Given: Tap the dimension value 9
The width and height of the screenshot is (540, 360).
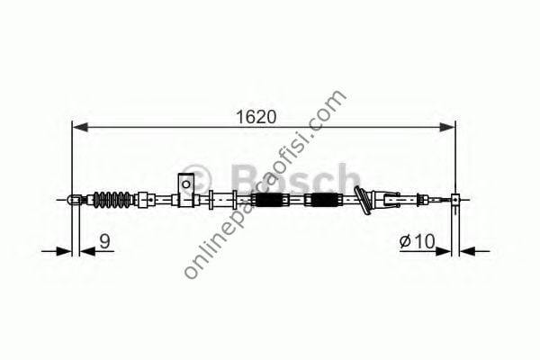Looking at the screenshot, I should (x=104, y=240).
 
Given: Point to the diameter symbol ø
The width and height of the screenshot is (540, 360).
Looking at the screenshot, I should (x=406, y=241).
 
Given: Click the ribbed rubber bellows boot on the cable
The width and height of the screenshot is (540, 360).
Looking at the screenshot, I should (x=112, y=199).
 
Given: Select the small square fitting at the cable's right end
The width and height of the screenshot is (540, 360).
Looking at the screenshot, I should (x=456, y=200).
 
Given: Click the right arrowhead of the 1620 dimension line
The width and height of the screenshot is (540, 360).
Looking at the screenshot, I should (x=450, y=127).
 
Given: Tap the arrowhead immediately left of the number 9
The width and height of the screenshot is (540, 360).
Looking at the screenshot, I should (x=85, y=252).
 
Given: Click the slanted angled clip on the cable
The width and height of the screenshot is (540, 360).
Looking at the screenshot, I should (x=364, y=202).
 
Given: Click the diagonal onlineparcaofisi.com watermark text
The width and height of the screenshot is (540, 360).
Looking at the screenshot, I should (x=265, y=184).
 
